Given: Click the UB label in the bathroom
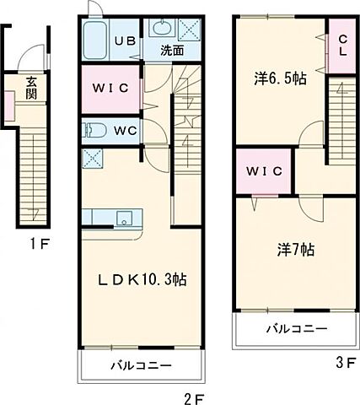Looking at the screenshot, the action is pos(125,41).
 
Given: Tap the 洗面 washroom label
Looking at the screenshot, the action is pos(172,51).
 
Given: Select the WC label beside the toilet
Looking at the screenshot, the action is pos(126,131).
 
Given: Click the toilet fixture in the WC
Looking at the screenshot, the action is pos(94,131).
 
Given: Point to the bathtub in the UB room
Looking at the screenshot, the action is pos(95,40).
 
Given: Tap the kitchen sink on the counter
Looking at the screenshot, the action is pos(124,218).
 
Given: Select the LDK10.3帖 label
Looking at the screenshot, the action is pos(142,279).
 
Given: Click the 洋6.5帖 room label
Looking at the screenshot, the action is pos(280,78).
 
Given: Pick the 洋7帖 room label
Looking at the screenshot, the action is pos(296,250).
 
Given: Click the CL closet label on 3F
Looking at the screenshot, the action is pos(342,46).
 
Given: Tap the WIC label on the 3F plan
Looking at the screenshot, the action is pos(264,171).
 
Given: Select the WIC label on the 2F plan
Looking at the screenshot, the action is pos(110,89).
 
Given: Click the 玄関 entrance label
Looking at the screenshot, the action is pos(31,89).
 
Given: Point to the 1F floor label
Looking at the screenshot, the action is pos(40,244).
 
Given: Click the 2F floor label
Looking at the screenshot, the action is pos(193,398).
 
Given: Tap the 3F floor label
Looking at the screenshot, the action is pos(346,363).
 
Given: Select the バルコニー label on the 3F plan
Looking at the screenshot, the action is pos(297,328).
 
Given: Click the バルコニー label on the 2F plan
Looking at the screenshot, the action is pos(141,365).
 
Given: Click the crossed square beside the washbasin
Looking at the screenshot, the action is pos(190,30).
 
